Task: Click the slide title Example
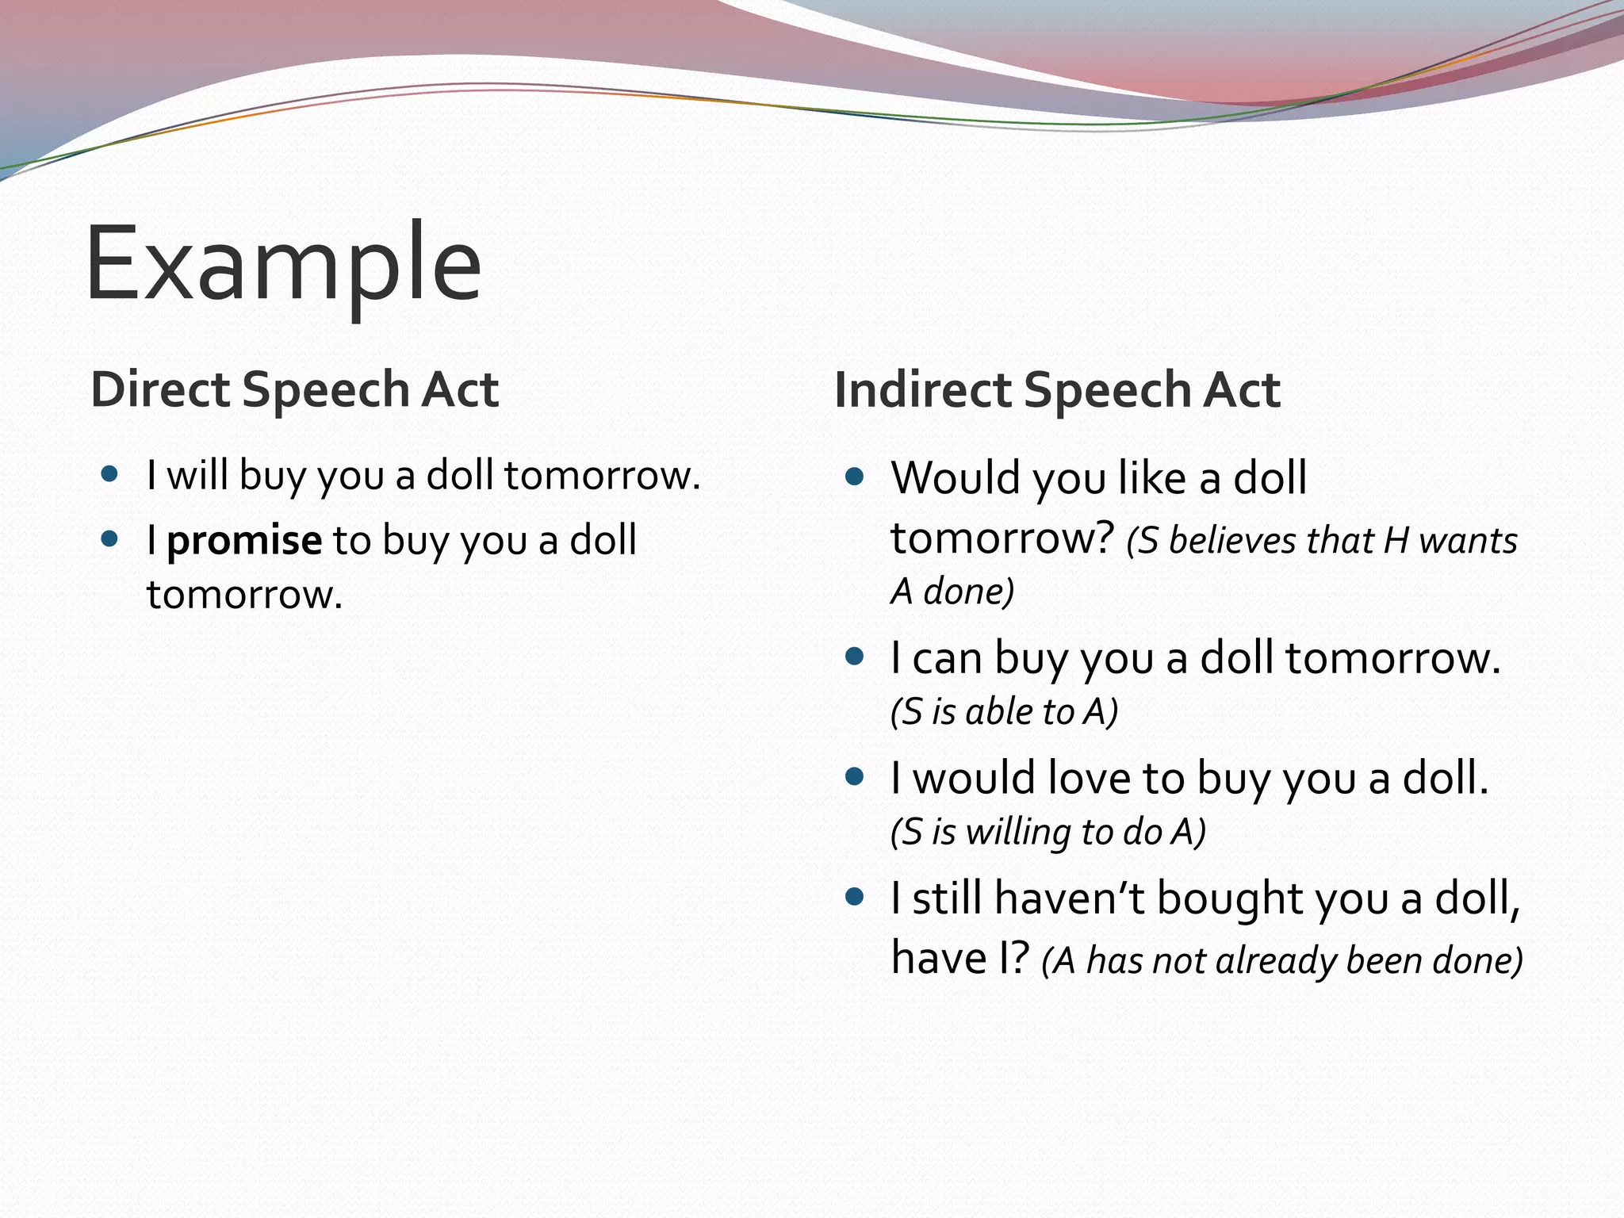[x=283, y=263]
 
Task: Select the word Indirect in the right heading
[x=922, y=390]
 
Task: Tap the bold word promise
[x=244, y=541]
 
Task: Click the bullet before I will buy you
[x=110, y=475]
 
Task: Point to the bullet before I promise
[x=110, y=540]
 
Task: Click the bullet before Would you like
[x=854, y=477]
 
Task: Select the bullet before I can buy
[x=854, y=657]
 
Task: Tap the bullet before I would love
[x=854, y=776]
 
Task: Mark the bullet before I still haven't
[x=854, y=897]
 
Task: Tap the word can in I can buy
[x=947, y=658]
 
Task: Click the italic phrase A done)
[x=952, y=592]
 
